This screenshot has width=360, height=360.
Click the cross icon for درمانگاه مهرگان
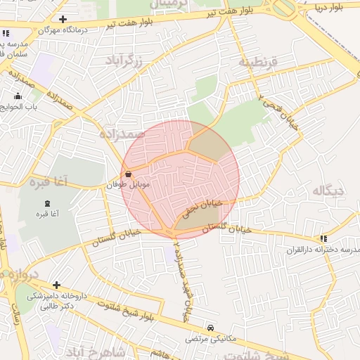pyautogui.click(x=64, y=19)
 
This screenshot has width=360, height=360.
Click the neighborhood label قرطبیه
pyautogui.click(x=258, y=63)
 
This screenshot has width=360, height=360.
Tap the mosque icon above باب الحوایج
pyautogui.click(x=17, y=96)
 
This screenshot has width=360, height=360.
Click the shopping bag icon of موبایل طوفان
pyautogui.click(x=128, y=174)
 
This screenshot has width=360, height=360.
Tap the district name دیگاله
pyautogui.click(x=328, y=191)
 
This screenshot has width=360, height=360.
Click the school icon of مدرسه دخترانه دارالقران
pyautogui.click(x=323, y=239)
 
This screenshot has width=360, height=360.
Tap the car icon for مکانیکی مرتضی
pyautogui.click(x=211, y=328)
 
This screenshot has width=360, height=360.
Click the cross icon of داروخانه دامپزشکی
pyautogui.click(x=56, y=285)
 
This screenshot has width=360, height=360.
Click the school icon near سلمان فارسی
pyautogui.click(x=6, y=33)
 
